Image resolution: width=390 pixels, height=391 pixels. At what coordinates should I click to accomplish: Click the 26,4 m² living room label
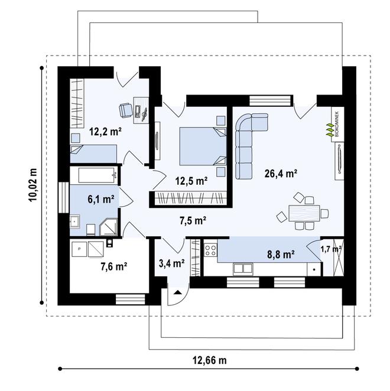pyautogui.click(x=281, y=173)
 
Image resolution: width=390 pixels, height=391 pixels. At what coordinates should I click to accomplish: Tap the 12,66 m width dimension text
pyautogui.click(x=210, y=360)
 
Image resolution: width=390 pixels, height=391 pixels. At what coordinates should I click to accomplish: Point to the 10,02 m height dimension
pyautogui.click(x=33, y=185)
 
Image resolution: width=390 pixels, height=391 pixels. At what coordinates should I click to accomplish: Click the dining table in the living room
pyautogui.click(x=304, y=213)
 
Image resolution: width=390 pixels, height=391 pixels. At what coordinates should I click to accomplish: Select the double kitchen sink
pyautogui.click(x=242, y=269)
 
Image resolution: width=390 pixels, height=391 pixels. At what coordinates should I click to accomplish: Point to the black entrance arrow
pyautogui.click(x=177, y=292)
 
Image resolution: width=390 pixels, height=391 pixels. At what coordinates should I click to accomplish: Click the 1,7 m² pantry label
pyautogui.click(x=331, y=249)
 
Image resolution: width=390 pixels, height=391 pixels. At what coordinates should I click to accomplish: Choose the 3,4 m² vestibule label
pyautogui.click(x=172, y=263)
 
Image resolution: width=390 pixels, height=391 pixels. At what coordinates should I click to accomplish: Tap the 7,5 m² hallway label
pyautogui.click(x=193, y=220)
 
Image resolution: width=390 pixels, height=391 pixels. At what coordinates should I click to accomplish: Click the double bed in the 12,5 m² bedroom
pyautogui.click(x=203, y=146)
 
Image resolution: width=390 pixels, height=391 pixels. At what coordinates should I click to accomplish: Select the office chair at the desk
pyautogui.click(x=125, y=110)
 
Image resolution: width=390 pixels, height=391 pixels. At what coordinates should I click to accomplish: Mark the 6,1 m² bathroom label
pyautogui.click(x=101, y=199)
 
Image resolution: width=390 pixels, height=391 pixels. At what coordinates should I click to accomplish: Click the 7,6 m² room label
pyautogui.click(x=114, y=267)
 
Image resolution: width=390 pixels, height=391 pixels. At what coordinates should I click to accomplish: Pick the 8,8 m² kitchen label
pyautogui.click(x=281, y=255)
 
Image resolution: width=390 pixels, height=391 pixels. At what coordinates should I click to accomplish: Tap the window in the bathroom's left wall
pyautogui.click(x=63, y=197)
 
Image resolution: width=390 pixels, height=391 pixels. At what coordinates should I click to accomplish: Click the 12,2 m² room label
pyautogui.click(x=106, y=131)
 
